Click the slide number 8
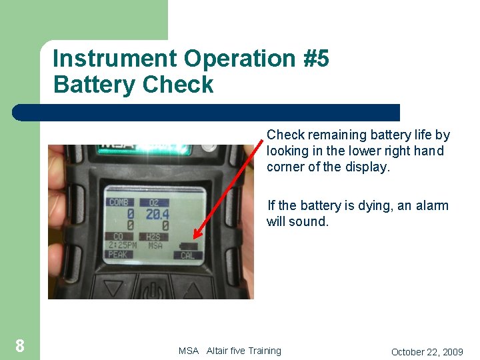[20, 345]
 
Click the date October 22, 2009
[427, 351]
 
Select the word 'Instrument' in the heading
[114, 59]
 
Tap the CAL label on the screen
[187, 255]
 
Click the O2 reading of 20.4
[157, 215]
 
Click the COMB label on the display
[119, 202]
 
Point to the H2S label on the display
[155, 237]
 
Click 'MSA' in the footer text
[189, 351]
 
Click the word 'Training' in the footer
[264, 351]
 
